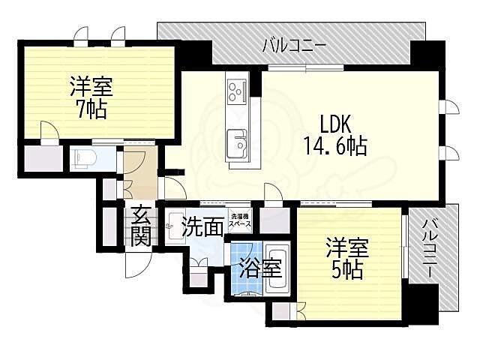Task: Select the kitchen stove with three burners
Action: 236,91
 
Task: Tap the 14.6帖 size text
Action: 334,145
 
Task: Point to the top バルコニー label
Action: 294,46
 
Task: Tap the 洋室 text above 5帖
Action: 346,246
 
